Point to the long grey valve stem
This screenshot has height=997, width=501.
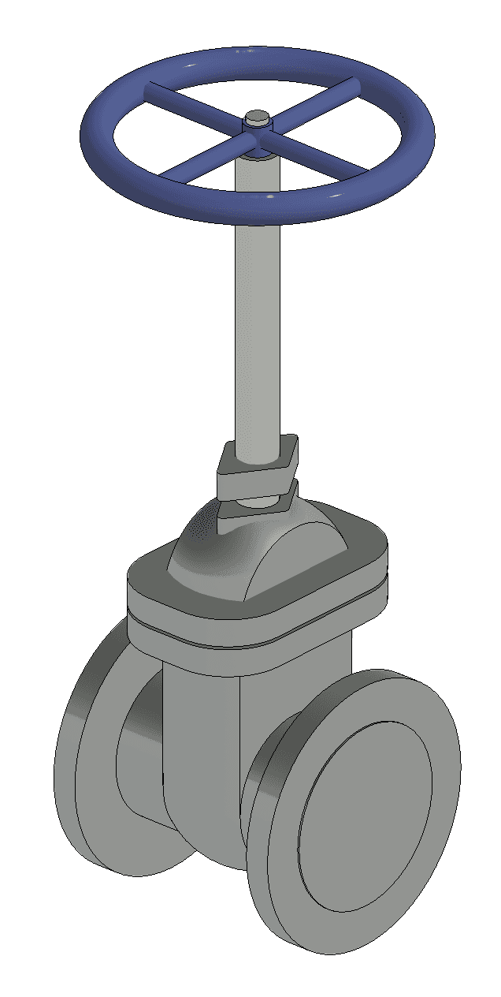click(257, 316)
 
